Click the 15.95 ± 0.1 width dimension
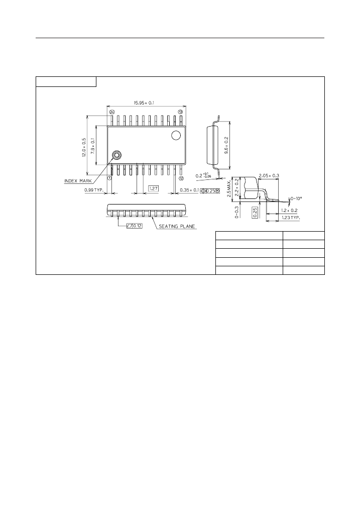coord(144,103)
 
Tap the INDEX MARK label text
coord(78,181)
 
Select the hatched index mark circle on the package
coord(116,155)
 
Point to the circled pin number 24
coord(112,112)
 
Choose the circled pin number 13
coord(181,112)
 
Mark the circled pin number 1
coord(109,178)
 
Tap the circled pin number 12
coord(181,178)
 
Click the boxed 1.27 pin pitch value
coord(154,188)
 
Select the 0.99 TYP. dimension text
coord(93,190)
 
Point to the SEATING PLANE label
coord(177,226)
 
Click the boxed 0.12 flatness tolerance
coord(135,226)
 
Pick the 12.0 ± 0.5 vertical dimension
coord(84,147)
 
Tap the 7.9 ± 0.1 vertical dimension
coord(92,146)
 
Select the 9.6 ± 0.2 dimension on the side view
coord(226,145)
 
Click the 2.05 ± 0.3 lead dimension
coord(269,176)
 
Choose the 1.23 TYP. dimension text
coord(291,218)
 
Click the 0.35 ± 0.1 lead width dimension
coord(189,190)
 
